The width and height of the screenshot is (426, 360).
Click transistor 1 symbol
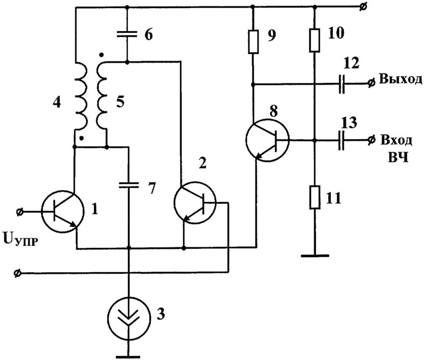coord(63,211)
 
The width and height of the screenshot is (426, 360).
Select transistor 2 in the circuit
coord(195,203)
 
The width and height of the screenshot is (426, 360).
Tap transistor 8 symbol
coord(267,140)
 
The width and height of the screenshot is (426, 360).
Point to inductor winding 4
coord(80,96)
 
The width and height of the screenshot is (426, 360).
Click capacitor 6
coord(127,34)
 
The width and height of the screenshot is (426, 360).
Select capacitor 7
coord(129,185)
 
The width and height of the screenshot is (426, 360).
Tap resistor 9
coord(253,42)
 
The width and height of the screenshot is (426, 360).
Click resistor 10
coord(314,40)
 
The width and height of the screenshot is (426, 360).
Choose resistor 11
coord(314,197)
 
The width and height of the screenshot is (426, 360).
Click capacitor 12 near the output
coord(342,84)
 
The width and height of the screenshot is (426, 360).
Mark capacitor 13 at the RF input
coord(341,140)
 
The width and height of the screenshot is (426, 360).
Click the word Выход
coord(401,79)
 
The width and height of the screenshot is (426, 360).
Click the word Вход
coord(396,140)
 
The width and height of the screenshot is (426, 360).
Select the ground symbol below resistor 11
coord(315,255)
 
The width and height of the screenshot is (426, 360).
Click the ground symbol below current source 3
coord(128,357)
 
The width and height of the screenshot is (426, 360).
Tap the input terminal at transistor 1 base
coord(19,211)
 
